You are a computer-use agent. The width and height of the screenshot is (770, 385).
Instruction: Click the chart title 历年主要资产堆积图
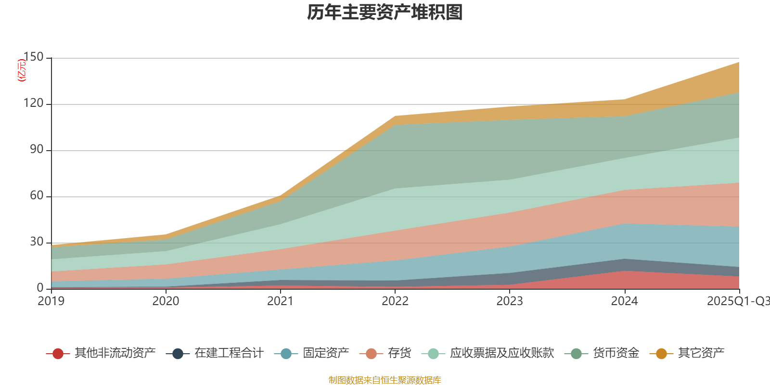[x=385, y=13]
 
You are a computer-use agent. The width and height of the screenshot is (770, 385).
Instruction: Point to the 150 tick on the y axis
[x=33, y=57]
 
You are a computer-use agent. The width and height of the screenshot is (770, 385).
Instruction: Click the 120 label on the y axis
[x=33, y=103]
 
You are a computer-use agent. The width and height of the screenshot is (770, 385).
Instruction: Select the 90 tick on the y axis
[x=37, y=150]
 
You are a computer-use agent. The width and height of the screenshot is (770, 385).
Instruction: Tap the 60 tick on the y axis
[x=37, y=196]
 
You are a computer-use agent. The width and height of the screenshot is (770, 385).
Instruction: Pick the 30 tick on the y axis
[x=37, y=242]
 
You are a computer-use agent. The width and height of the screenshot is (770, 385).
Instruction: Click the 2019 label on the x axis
[x=51, y=301]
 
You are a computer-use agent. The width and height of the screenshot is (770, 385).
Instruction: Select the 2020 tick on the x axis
[x=166, y=301]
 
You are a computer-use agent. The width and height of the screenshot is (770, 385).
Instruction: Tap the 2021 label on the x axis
[x=280, y=301]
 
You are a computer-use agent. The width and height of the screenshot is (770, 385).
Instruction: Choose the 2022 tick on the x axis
[x=395, y=301]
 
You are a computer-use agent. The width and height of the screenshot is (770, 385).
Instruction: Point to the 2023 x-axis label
[x=510, y=301]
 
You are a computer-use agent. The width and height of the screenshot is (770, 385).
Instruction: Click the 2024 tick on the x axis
[x=624, y=301]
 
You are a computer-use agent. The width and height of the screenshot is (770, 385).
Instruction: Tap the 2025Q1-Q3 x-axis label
[x=738, y=301]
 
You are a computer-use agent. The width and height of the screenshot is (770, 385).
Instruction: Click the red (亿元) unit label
[x=22, y=70]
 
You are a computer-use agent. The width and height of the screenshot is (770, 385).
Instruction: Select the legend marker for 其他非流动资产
[x=58, y=354]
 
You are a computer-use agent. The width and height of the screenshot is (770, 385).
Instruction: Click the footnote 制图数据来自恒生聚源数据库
[x=385, y=380]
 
